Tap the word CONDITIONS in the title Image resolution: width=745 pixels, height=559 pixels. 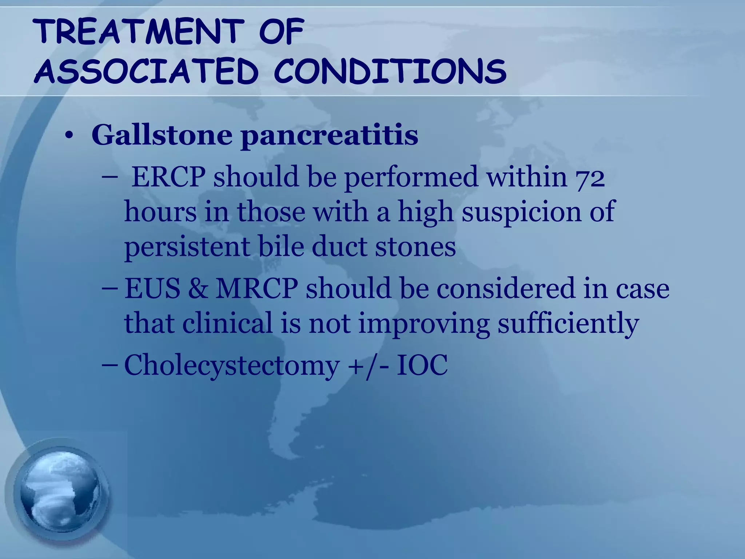point(390,71)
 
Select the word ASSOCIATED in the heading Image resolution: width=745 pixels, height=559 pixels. point(146,71)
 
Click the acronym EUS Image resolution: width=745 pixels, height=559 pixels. point(152,288)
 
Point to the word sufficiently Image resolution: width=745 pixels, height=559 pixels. point(568,323)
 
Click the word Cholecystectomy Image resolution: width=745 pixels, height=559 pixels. point(231,365)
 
